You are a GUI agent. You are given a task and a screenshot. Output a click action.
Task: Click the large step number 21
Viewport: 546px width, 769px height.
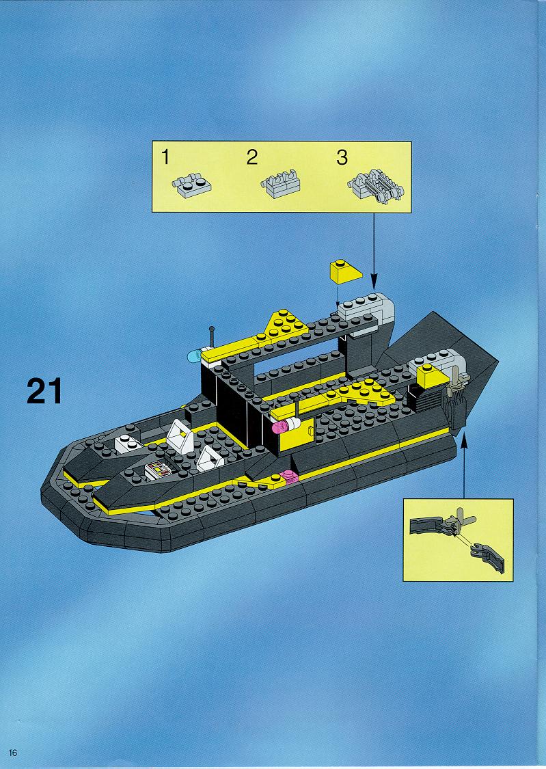click(44, 391)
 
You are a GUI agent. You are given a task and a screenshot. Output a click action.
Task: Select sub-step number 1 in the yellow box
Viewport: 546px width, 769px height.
click(165, 157)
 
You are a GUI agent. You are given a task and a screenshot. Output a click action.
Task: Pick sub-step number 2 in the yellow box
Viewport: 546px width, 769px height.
click(251, 157)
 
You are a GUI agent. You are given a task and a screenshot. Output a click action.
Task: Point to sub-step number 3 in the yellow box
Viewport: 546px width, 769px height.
click(342, 157)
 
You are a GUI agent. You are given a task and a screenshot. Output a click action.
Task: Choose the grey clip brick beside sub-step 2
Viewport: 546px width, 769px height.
click(280, 183)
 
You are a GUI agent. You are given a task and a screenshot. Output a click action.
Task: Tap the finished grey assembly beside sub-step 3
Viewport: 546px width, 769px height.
click(376, 186)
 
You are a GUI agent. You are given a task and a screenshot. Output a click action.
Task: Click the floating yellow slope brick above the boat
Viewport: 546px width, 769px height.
click(345, 271)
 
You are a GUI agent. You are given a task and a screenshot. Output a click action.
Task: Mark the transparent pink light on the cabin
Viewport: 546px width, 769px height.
click(282, 426)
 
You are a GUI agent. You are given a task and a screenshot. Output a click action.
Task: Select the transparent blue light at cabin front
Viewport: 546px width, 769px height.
click(193, 356)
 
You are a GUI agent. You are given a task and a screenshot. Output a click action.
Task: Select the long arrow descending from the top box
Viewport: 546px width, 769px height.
click(374, 251)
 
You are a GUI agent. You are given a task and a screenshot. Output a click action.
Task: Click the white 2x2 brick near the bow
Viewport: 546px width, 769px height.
click(127, 444)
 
